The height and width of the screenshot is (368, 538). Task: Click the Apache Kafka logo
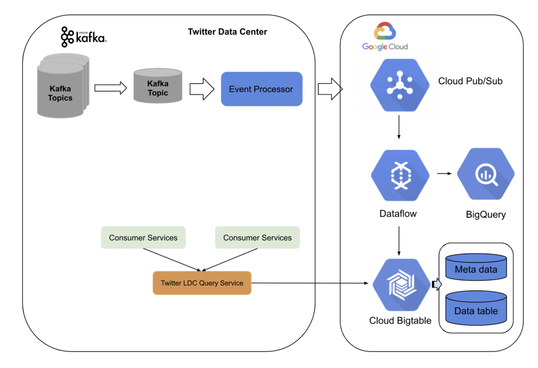pyautogui.click(x=83, y=37)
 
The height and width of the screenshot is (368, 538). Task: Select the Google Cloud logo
pyautogui.click(x=385, y=37)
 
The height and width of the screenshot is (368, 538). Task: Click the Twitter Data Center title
pyautogui.click(x=227, y=32)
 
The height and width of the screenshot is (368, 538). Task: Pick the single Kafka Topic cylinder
pyautogui.click(x=158, y=87)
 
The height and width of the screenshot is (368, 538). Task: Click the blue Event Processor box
pyautogui.click(x=261, y=89)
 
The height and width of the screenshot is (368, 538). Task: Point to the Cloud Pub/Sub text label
pyautogui.click(x=470, y=81)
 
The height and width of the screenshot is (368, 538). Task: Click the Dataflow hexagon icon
pyautogui.click(x=400, y=175)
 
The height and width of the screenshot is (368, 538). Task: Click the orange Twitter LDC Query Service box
pyautogui.click(x=202, y=283)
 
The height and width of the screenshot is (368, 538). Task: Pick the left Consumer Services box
pyautogui.click(x=143, y=237)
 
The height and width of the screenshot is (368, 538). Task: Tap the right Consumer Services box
pyautogui.click(x=257, y=237)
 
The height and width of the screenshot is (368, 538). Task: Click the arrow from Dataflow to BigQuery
pyautogui.click(x=444, y=173)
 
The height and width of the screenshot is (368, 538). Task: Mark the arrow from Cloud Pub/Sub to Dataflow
pyautogui.click(x=399, y=127)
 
